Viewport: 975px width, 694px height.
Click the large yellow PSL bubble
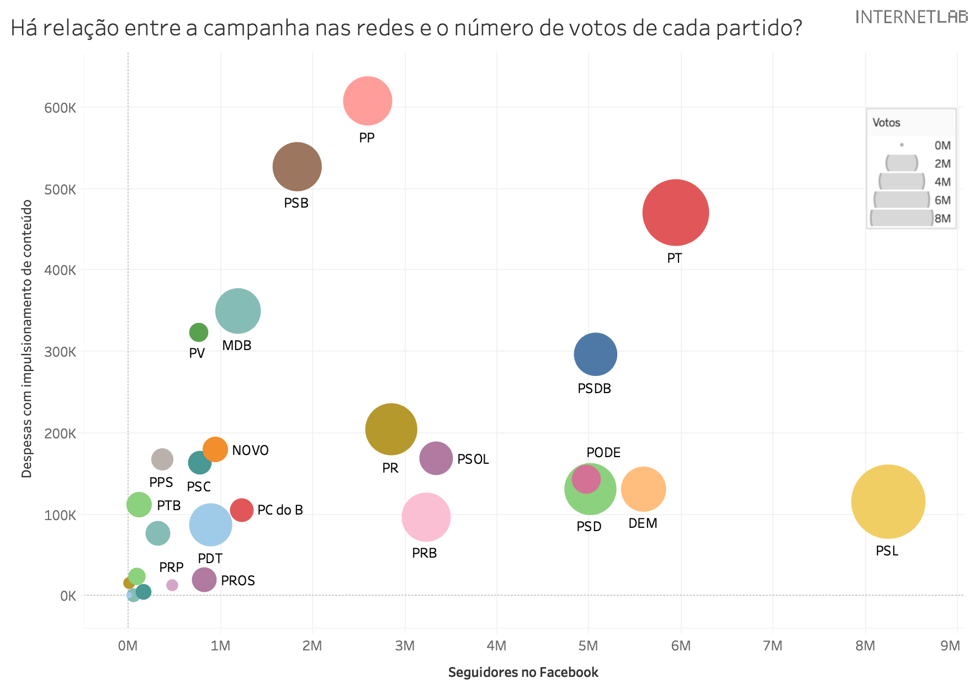point(888,501)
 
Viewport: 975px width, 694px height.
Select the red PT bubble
point(675,213)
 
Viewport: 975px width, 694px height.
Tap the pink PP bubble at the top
point(367,101)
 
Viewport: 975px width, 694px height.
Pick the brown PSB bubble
point(297,166)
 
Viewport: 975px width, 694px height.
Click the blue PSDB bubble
point(595,354)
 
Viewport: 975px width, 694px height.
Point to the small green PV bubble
point(198,332)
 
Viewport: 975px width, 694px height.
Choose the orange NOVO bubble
point(215,449)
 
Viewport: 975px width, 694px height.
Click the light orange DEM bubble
point(643,489)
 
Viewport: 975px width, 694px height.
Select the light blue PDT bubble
point(210,525)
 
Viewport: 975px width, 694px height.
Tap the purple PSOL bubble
point(436,458)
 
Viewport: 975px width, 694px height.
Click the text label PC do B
point(280,510)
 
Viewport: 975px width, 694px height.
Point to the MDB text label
point(236,346)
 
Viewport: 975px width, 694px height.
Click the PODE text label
point(603,453)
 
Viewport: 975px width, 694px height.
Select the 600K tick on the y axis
point(60,108)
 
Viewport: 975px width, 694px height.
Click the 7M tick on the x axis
point(772,646)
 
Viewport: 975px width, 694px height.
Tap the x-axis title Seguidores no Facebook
point(523,672)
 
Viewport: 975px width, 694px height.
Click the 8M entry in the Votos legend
point(942,219)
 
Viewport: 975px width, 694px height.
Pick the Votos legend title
point(886,123)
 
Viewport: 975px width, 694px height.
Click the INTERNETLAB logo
point(911,17)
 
